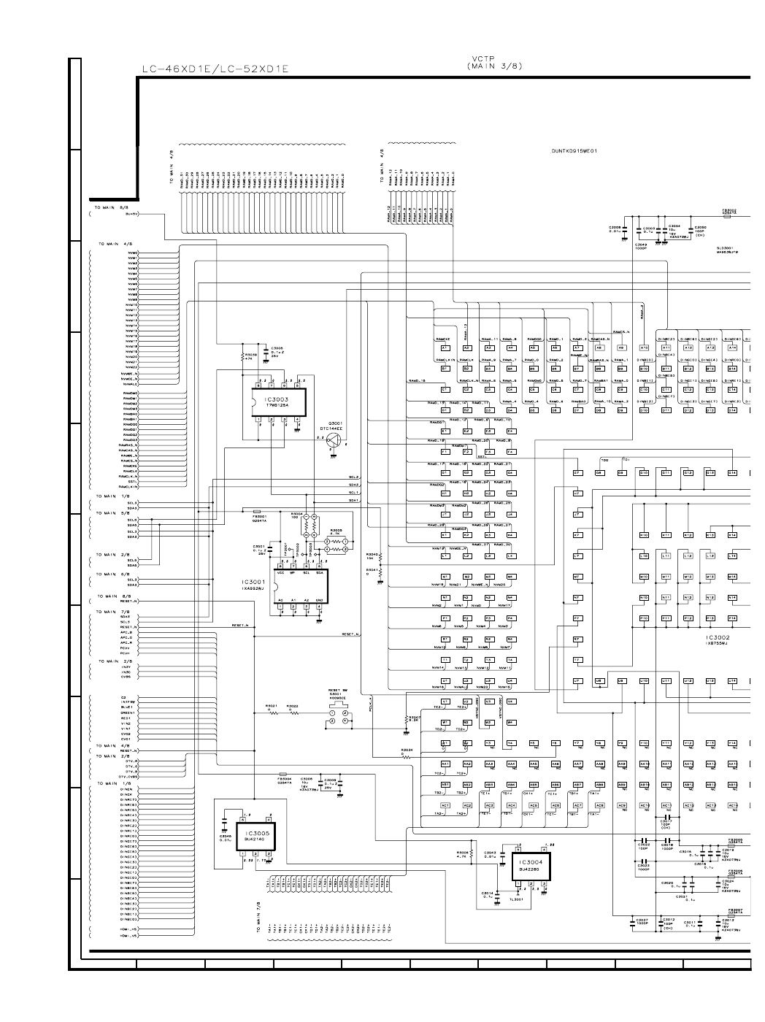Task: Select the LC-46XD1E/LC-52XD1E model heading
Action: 215,69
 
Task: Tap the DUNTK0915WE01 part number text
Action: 575,151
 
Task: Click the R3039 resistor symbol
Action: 243,358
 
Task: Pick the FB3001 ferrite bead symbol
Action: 256,511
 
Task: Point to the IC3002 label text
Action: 718,637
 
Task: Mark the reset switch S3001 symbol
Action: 339,715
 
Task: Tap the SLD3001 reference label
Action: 727,248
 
